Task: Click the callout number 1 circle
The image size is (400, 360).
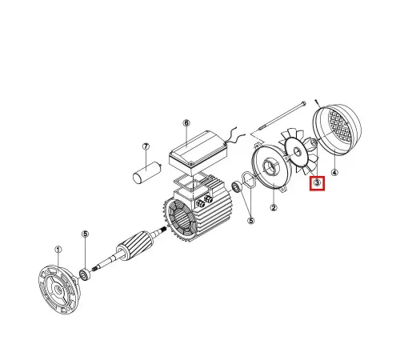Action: [x=58, y=249]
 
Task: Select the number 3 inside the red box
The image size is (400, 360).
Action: [x=318, y=184]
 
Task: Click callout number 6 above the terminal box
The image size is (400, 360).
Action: [x=186, y=124]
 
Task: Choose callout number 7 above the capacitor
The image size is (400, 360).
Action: [x=146, y=147]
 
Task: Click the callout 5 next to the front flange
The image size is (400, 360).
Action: [x=85, y=234]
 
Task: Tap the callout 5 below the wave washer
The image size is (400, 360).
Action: [x=250, y=220]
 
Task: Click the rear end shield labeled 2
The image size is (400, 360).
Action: [x=273, y=170]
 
